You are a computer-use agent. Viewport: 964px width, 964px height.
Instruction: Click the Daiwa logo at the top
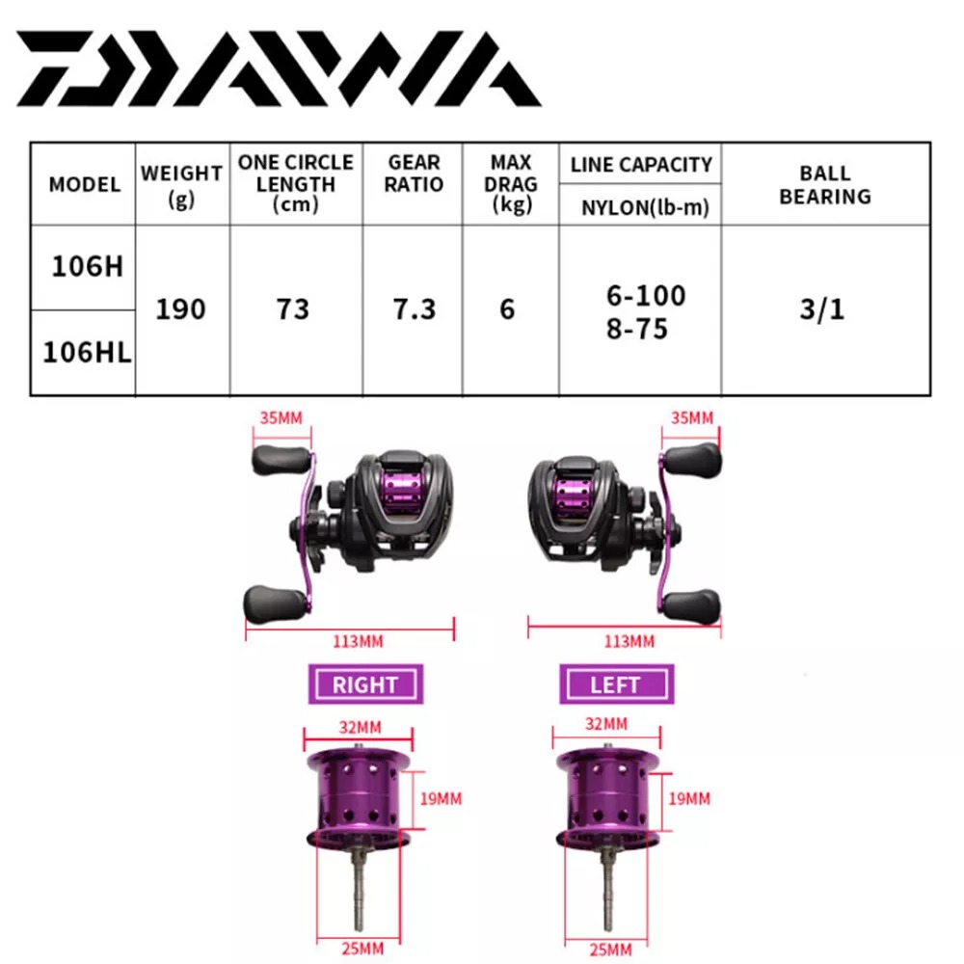[279, 68]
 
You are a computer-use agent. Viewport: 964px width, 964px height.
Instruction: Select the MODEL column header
[84, 184]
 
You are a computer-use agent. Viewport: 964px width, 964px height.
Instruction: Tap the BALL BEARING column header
[825, 184]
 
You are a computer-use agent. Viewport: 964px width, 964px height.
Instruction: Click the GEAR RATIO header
[414, 174]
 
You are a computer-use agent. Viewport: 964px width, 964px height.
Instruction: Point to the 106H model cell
[88, 267]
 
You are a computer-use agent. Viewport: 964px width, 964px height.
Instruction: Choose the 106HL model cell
[87, 352]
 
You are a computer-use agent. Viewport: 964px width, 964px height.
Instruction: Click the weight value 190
[180, 308]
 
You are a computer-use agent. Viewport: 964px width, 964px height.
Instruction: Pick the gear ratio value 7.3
[415, 308]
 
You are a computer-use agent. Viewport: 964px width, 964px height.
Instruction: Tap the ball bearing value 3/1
[822, 308]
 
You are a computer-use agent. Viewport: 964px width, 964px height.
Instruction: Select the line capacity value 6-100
[646, 296]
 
